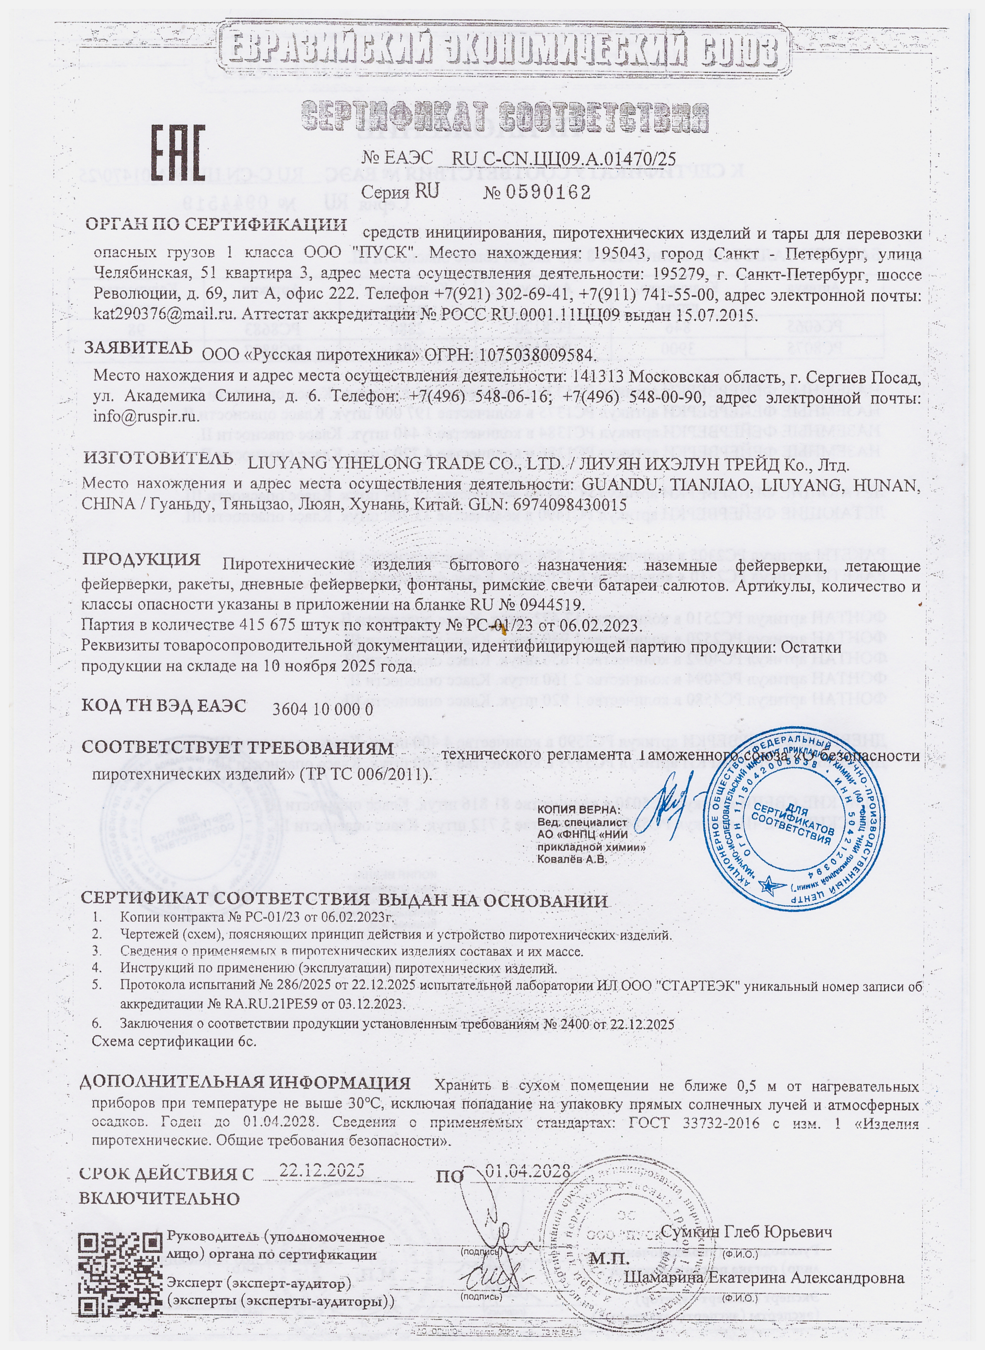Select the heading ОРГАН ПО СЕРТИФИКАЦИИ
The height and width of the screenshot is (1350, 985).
click(x=216, y=225)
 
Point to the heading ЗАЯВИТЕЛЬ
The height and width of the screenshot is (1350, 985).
click(x=138, y=348)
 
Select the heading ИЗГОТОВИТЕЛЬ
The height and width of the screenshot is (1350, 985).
click(x=158, y=459)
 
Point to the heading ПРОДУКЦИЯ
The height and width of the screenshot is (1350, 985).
click(x=141, y=560)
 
